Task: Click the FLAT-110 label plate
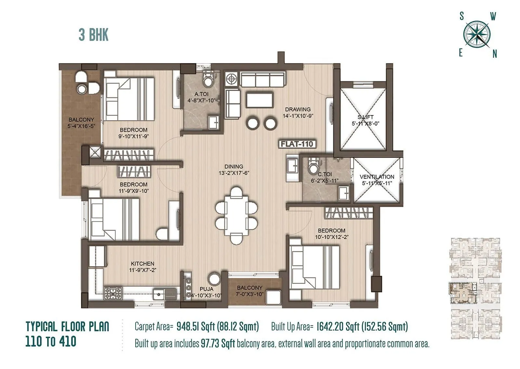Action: pos(297,144)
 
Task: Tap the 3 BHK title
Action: pos(94,35)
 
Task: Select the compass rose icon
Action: pos(477,34)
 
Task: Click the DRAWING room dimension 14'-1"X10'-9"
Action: pos(298,116)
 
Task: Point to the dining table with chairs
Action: pos(236,215)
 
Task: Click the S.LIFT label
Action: pos(366,117)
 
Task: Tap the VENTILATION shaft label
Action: pos(377,177)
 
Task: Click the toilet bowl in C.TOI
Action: pos(313,166)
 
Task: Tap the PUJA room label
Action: pos(206,289)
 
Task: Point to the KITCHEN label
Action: pos(142,264)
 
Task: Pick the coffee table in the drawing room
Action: pos(259,100)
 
